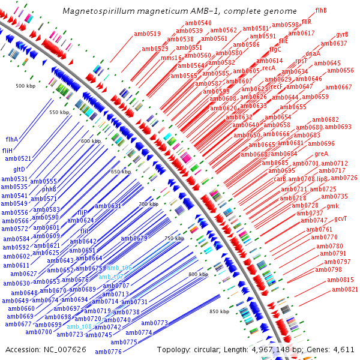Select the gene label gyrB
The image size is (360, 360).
tap(342, 34)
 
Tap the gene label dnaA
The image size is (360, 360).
tap(313, 53)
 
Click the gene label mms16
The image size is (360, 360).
tap(171, 58)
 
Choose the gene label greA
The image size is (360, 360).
tap(322, 154)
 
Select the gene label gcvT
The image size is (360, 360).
tap(340, 218)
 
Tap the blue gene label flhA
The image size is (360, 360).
tap(12, 139)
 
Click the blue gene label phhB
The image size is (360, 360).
tap(49, 190)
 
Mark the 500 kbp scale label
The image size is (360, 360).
tap(26, 86)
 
